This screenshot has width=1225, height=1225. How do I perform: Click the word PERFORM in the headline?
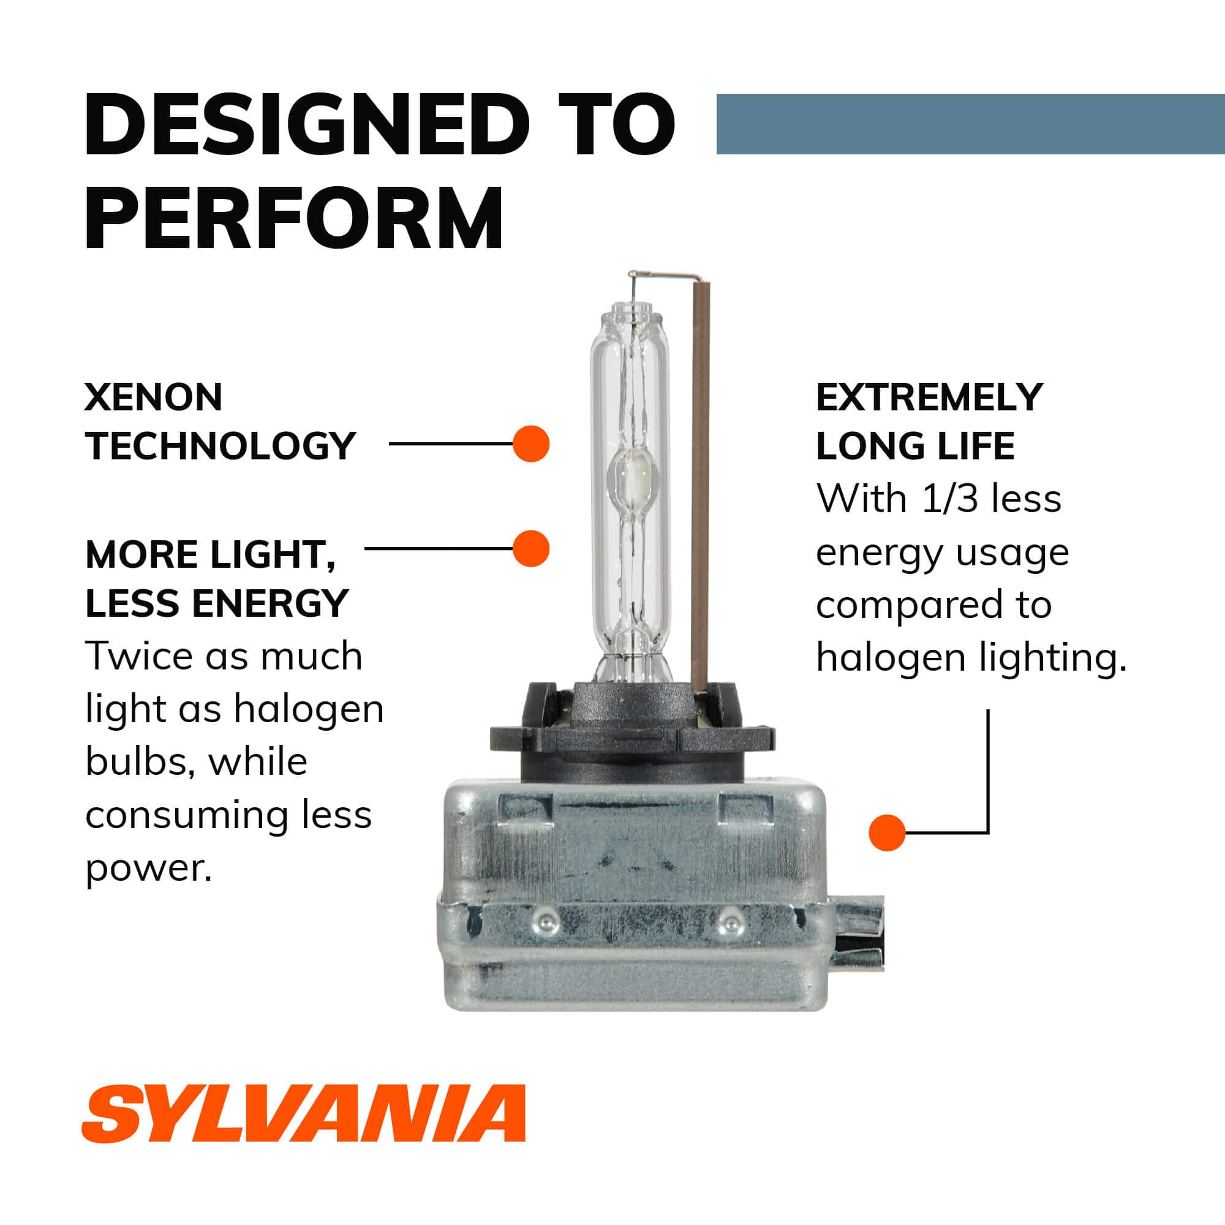294,219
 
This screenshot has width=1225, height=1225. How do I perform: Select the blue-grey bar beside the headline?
970,124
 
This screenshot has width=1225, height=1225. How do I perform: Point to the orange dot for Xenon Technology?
530,444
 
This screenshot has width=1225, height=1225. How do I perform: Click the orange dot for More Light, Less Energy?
530,548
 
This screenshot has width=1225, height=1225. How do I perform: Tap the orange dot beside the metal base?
887,832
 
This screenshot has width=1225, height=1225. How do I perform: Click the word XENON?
154,398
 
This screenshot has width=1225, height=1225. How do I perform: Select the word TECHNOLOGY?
220,446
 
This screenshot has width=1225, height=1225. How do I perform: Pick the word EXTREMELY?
929,398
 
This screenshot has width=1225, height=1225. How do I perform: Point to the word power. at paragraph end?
148,867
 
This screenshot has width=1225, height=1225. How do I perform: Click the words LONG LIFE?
915,446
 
